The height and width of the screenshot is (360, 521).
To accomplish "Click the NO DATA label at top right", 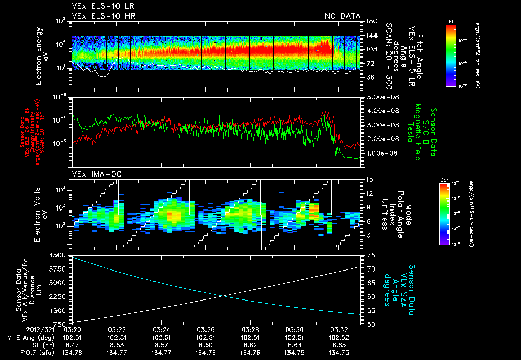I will tap(341, 16).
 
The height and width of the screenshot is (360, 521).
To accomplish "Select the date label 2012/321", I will tap(58, 329).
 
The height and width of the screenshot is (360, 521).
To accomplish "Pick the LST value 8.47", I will tap(73, 345).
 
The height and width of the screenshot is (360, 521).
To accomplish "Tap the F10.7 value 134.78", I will tap(73, 352).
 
